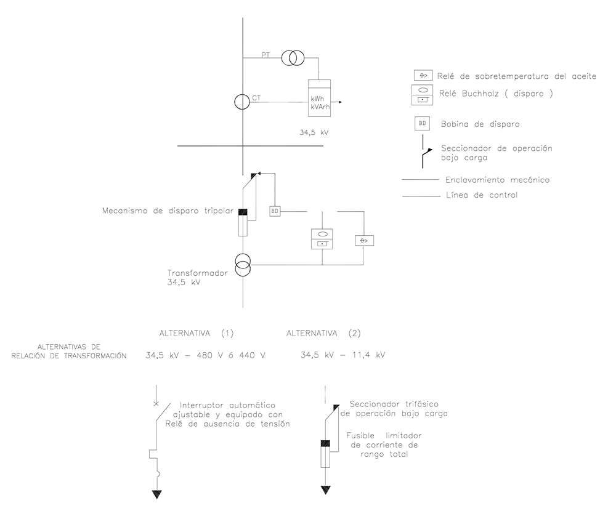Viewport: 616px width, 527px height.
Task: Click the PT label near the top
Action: (x=265, y=55)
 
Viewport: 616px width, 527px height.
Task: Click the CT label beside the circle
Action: (x=256, y=97)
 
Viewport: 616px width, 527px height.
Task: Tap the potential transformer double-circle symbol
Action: (x=293, y=58)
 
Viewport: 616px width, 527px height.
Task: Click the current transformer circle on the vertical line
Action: (x=242, y=102)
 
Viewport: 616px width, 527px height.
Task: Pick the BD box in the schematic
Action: (x=275, y=211)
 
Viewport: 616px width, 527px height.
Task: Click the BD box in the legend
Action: (x=422, y=123)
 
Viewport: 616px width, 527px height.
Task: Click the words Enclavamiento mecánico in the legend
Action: (x=497, y=180)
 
